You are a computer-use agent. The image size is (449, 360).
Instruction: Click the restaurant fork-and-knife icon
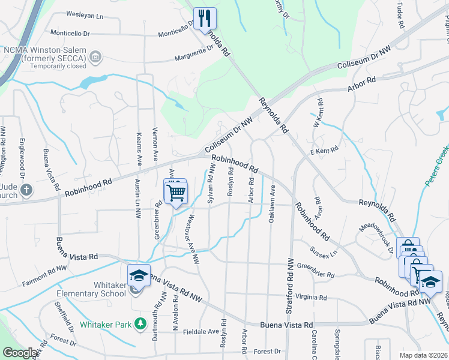click(x=205, y=18)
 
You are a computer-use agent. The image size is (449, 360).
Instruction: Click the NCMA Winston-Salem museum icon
click(x=94, y=57)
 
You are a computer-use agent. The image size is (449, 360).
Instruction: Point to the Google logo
click(x=20, y=353)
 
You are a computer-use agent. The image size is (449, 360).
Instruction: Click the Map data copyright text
click(x=423, y=355)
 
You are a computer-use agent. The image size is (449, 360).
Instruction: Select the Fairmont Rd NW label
click(x=45, y=273)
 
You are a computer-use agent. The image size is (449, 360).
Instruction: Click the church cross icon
click(x=26, y=190)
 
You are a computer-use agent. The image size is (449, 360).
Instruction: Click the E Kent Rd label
click(x=325, y=148)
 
